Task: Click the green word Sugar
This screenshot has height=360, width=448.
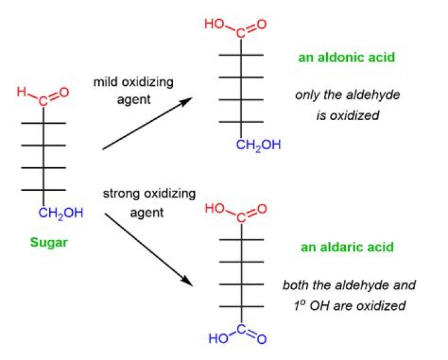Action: [49, 243]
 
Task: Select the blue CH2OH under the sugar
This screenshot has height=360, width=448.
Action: [61, 213]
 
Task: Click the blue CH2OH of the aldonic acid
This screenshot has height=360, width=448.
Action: [258, 145]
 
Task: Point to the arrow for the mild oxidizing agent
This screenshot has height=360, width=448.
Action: [147, 123]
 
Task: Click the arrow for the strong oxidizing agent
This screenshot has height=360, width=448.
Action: [149, 249]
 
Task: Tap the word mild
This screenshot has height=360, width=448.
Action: [105, 82]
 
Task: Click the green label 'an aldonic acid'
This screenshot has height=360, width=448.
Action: [347, 57]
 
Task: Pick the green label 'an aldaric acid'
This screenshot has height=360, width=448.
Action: [347, 247]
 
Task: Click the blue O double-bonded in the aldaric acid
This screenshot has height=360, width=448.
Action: [261, 339]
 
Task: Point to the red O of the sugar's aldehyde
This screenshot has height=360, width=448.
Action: [64, 93]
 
